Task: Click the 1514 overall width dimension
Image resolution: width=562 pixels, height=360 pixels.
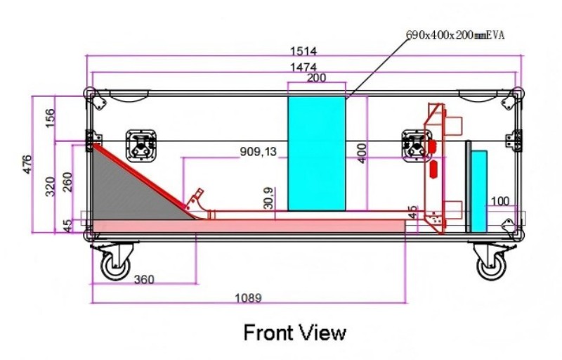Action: tap(303, 51)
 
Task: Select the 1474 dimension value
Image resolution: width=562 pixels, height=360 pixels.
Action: tap(303, 67)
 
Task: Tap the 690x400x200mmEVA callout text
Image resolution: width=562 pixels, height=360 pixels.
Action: tap(455, 34)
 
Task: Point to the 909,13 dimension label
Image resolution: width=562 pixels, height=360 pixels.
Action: tap(259, 152)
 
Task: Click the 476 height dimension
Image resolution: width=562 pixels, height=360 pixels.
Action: tap(27, 165)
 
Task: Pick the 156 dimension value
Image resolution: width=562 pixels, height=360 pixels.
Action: tap(51, 117)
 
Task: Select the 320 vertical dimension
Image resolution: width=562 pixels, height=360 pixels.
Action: tap(51, 186)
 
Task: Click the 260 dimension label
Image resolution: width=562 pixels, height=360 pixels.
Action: tap(67, 182)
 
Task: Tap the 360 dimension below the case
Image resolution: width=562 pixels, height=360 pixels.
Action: tap(144, 279)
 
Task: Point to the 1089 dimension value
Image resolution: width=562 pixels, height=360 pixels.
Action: tap(248, 297)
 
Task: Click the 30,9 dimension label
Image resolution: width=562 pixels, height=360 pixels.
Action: tap(269, 198)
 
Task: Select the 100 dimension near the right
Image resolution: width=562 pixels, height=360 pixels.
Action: tap(499, 201)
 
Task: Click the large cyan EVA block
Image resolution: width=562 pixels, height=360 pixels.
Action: tap(317, 153)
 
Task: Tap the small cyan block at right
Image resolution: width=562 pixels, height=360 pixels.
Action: tap(479, 191)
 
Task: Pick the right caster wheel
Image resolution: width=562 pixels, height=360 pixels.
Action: tap(491, 266)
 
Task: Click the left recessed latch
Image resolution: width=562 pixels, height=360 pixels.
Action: tap(141, 146)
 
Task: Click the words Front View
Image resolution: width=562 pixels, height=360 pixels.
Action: tap(295, 333)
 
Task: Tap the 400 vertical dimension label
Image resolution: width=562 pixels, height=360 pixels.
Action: tap(362, 153)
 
